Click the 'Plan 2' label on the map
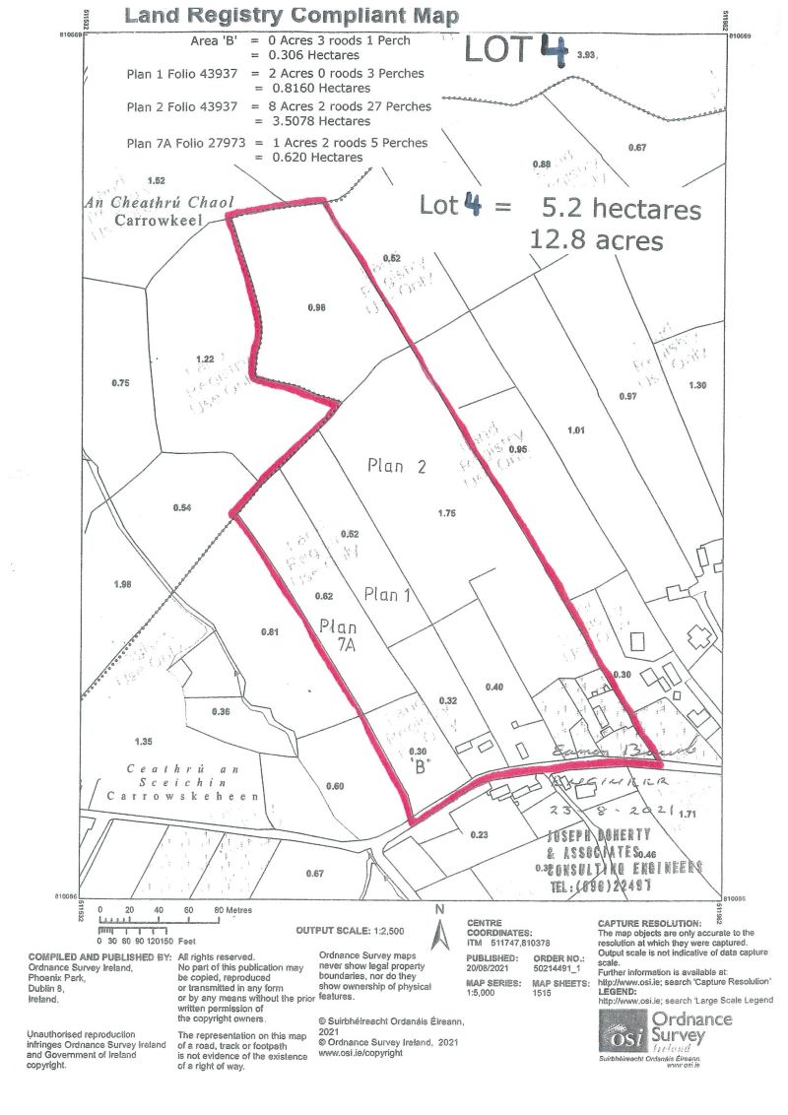(x=392, y=466)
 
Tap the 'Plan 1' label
(x=387, y=594)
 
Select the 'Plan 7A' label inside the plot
(x=338, y=636)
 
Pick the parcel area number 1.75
(x=445, y=513)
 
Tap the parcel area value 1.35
(x=145, y=740)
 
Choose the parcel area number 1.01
(x=577, y=429)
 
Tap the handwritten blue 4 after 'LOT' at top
(x=552, y=49)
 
